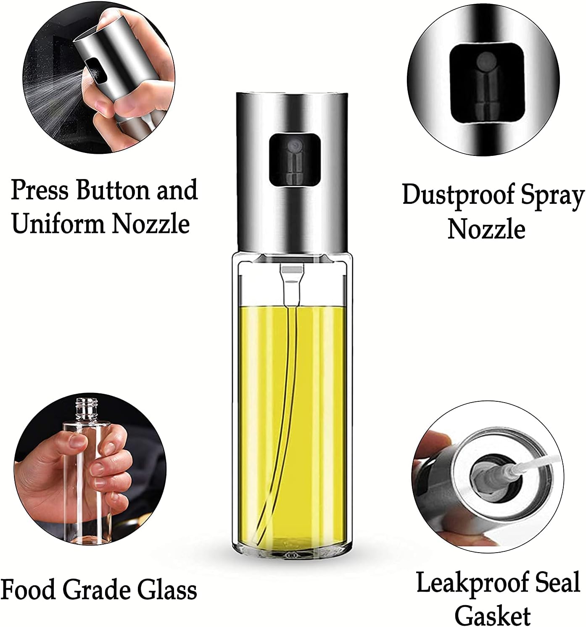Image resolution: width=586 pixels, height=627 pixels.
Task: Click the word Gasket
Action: pyautogui.click(x=492, y=615)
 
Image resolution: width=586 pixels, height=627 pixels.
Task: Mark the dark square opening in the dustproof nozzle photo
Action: pyautogui.click(x=487, y=86)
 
